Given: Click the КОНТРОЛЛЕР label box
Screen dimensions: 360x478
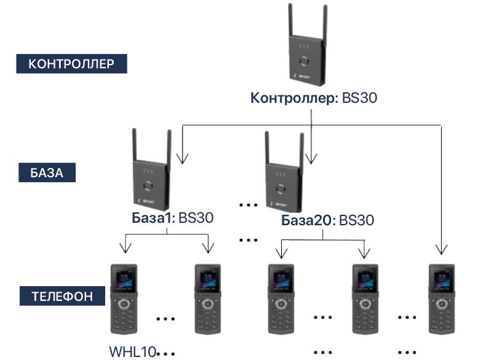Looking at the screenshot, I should point(71,64).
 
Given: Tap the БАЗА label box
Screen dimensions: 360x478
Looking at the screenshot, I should point(46,172).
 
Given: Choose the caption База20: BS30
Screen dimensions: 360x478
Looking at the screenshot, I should point(328,220).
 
